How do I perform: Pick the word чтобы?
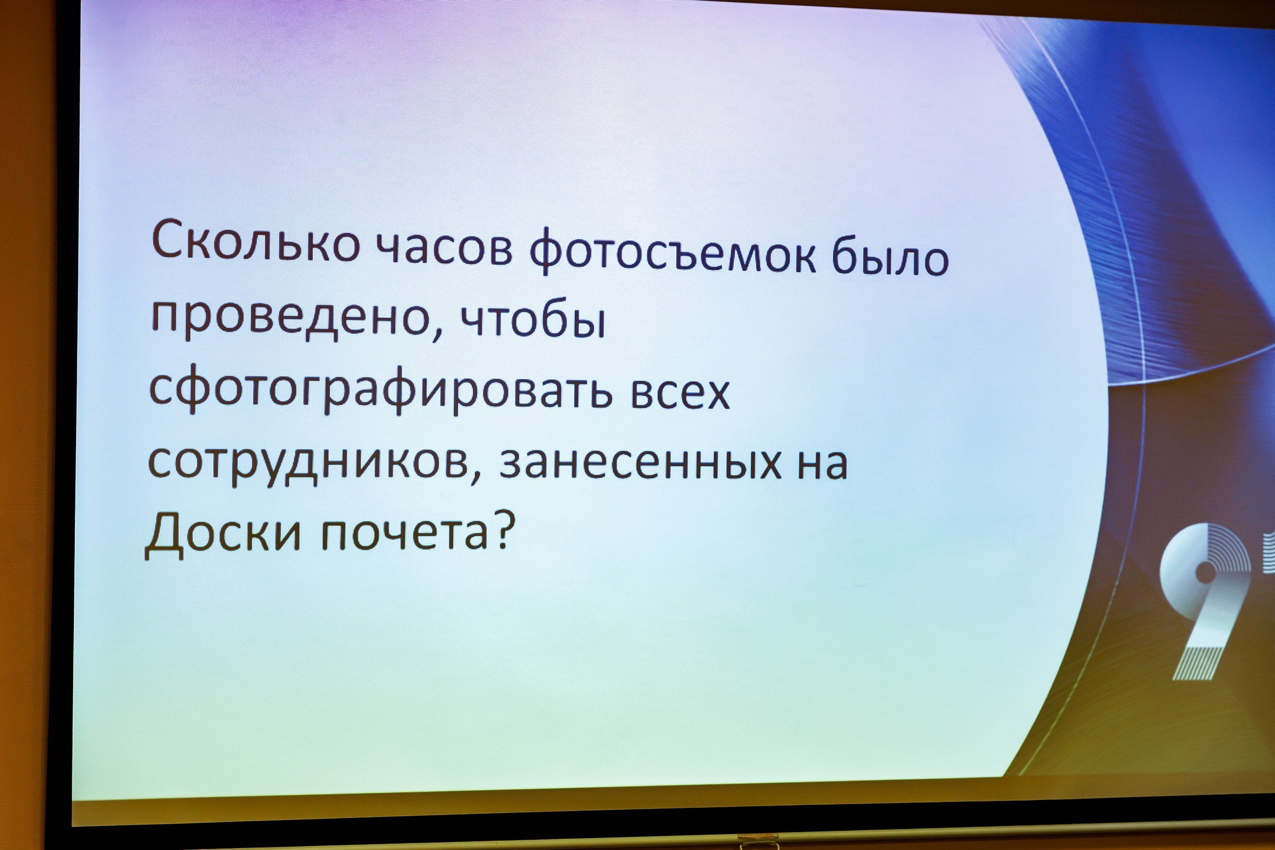point(533,320)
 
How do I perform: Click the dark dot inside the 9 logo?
point(1206,572)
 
